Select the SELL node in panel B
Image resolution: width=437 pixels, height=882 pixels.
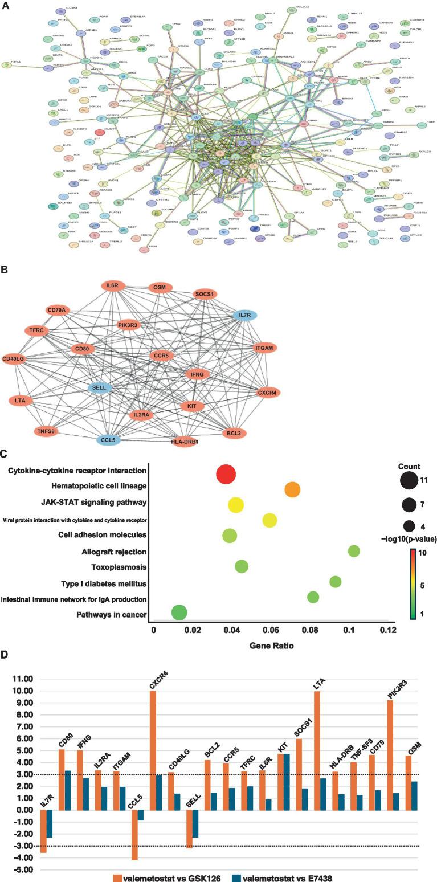(x=106, y=388)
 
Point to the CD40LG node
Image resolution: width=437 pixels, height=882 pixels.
(x=19, y=359)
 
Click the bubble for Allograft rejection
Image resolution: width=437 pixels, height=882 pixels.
(x=354, y=550)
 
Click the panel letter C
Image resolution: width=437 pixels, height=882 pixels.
(x=5, y=455)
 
